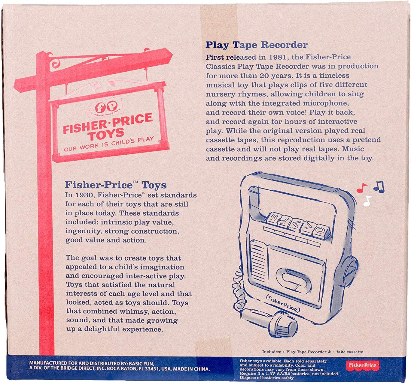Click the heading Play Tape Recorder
[x=256, y=45]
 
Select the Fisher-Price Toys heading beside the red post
[x=116, y=185]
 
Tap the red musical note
[x=362, y=188]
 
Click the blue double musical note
[x=379, y=187]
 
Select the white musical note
[x=367, y=201]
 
